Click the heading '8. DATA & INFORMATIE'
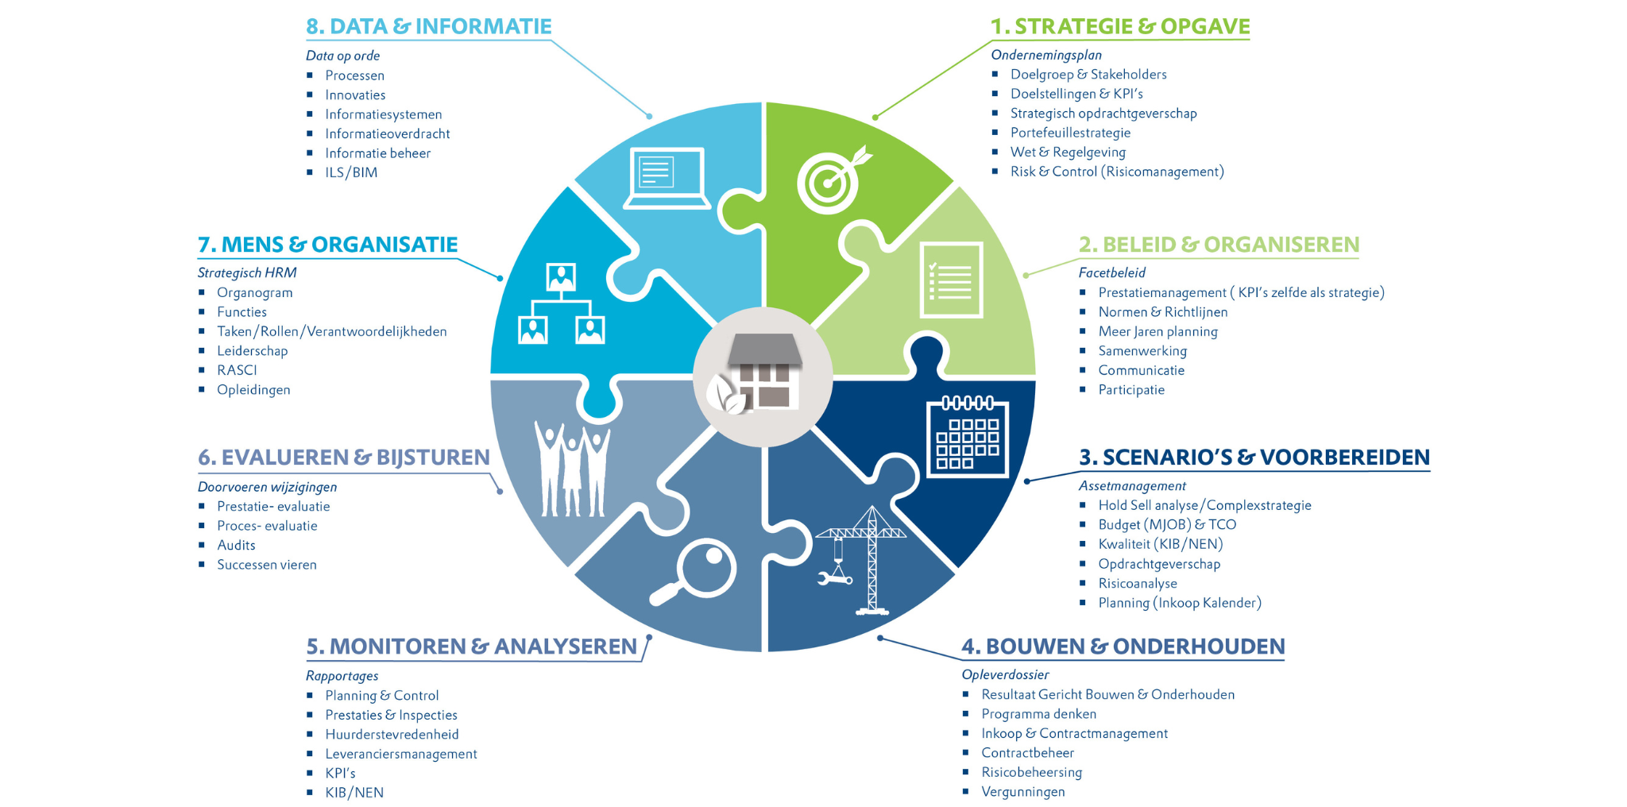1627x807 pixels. [428, 26]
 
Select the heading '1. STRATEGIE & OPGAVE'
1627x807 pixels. [1119, 26]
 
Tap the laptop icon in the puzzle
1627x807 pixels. [667, 178]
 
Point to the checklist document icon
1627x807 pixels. [951, 280]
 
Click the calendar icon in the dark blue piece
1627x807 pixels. [967, 437]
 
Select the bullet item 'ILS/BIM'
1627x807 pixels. [351, 172]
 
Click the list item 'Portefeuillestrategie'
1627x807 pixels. [1070, 133]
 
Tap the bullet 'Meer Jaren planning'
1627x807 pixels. [1157, 331]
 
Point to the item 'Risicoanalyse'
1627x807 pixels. [1138, 583]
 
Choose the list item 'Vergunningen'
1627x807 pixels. [1022, 791]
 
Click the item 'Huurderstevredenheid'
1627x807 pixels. [392, 734]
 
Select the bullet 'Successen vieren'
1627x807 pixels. [266, 565]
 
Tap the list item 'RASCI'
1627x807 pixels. [237, 370]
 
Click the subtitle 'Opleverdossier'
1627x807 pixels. [1005, 674]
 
